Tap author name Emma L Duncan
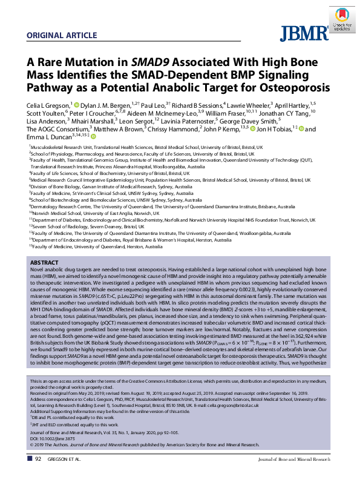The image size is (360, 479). click(x=48, y=136)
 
